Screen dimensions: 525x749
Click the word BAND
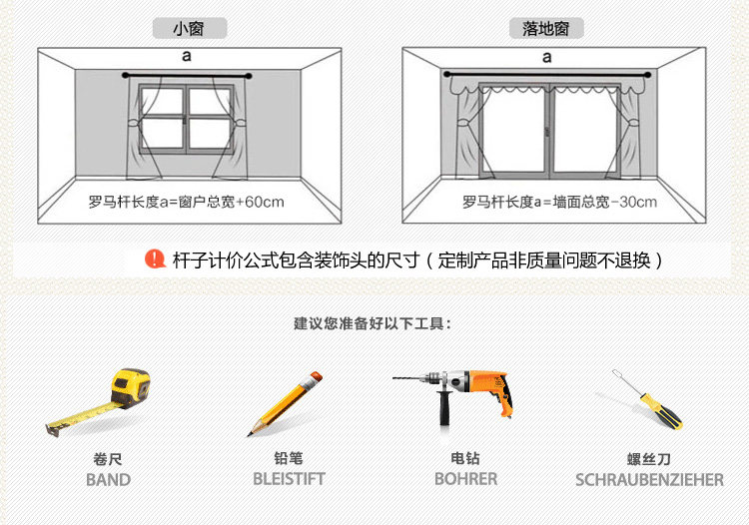click(108, 479)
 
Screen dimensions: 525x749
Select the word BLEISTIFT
click(289, 479)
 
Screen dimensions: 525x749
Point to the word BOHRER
click(465, 479)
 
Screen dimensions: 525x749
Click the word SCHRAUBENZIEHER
click(649, 480)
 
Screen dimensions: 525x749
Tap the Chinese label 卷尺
click(108, 459)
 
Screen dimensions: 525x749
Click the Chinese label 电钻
click(465, 458)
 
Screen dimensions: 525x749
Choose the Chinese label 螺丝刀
click(649, 459)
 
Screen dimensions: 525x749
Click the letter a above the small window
click(187, 58)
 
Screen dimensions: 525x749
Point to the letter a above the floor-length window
click(547, 58)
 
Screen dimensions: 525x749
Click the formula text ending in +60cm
click(188, 203)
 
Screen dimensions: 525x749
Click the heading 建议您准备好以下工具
click(373, 324)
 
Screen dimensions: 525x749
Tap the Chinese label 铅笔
click(289, 458)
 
